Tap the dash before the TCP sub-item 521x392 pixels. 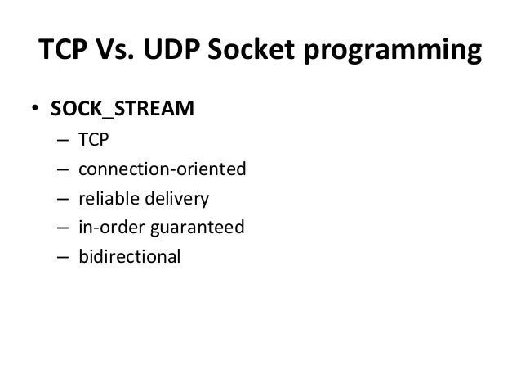(x=63, y=141)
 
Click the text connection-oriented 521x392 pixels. (x=162, y=169)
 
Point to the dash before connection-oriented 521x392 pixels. (x=63, y=169)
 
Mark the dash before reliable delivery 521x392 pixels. (x=63, y=198)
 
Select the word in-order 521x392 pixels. (x=109, y=227)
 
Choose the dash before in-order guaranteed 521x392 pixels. (x=63, y=227)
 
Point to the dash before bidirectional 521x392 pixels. (x=63, y=255)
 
